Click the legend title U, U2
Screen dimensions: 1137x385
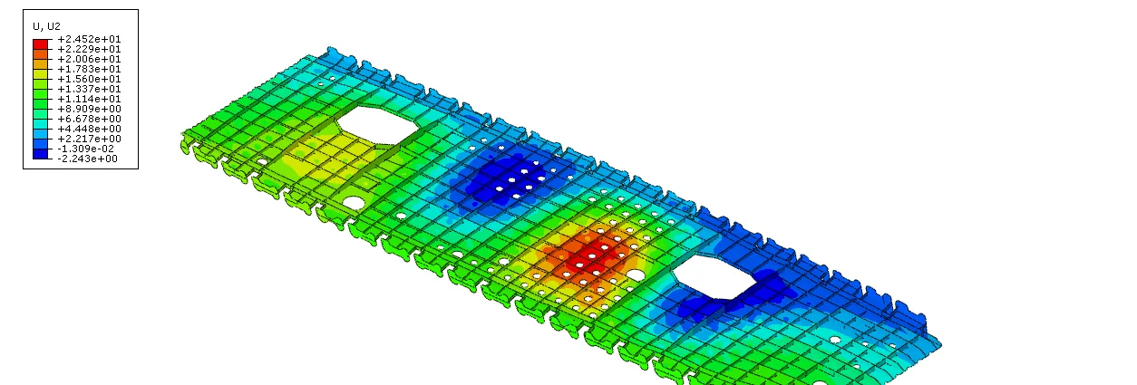(47, 26)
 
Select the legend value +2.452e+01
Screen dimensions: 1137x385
(89, 39)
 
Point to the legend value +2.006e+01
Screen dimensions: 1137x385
(89, 59)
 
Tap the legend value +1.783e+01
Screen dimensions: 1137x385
(89, 69)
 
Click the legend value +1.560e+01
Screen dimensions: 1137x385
(89, 79)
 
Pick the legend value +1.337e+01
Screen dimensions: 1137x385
(89, 89)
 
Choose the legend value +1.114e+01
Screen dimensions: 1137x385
(89, 99)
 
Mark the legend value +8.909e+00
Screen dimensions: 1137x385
(89, 109)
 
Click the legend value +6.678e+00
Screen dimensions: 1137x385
(89, 119)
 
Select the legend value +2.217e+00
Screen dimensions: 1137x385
(89, 139)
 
